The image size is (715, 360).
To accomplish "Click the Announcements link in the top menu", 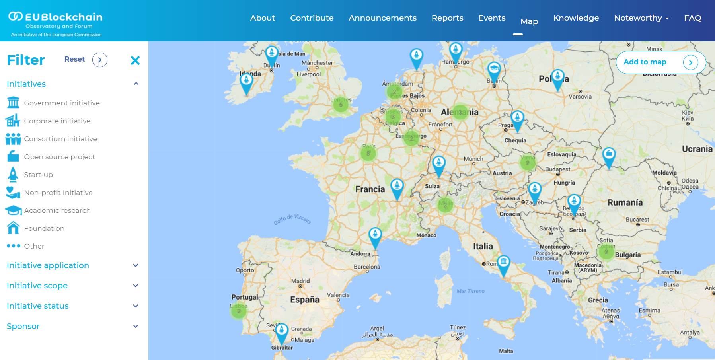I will point(382,18).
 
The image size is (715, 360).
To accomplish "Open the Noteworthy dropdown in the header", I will point(641,18).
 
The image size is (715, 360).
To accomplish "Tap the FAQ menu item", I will point(692,18).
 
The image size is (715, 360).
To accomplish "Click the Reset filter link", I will point(74,59).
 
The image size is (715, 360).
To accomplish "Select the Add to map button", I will point(660,62).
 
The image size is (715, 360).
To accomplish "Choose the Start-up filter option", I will point(38,175).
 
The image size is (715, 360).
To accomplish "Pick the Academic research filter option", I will point(57,210).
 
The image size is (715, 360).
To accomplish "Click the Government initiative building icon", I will point(13,103).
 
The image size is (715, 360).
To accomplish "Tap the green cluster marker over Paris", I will point(368,153).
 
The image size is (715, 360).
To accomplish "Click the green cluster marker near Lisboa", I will point(239,311).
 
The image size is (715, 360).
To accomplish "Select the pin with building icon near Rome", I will point(503,263).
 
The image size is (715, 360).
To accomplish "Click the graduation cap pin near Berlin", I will point(494,69).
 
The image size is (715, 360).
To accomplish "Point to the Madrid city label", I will point(300,281).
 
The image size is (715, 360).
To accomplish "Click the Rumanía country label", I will point(625,202).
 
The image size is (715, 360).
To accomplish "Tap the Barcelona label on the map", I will point(367,267).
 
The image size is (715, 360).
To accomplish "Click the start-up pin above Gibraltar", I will point(282,331).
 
